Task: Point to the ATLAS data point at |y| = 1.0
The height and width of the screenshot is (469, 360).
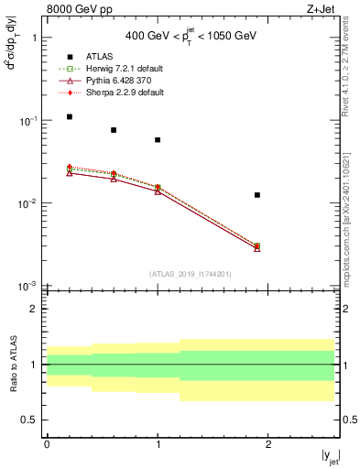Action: [158, 140]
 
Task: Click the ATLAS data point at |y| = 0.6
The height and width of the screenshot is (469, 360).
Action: [114, 130]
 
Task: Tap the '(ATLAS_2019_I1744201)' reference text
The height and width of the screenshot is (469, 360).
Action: [191, 274]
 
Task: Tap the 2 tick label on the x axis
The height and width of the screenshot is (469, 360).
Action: [268, 444]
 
